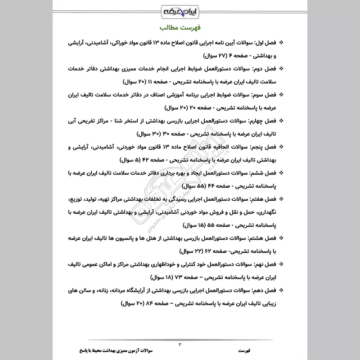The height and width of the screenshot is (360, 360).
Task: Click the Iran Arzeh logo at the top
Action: coord(180,10)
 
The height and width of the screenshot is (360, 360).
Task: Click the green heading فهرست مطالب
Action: coord(180,28)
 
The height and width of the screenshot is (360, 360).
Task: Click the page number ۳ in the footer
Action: coord(180,344)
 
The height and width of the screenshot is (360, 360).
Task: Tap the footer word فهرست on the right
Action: coord(246,350)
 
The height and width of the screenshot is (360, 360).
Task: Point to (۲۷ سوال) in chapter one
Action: coord(203,56)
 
